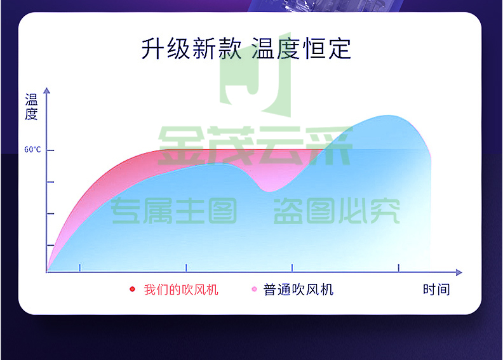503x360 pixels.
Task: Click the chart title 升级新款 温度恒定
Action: click(x=246, y=48)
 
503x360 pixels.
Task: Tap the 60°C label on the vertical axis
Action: click(x=33, y=150)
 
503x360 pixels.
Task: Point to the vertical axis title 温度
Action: click(x=32, y=107)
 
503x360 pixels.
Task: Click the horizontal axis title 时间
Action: click(x=436, y=290)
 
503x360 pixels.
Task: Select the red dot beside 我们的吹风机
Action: click(x=132, y=289)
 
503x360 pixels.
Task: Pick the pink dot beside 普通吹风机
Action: click(x=255, y=289)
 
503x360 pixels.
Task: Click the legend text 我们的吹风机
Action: click(x=181, y=290)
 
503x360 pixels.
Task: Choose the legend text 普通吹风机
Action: click(x=298, y=290)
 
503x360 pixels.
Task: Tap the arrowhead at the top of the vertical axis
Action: click(x=47, y=90)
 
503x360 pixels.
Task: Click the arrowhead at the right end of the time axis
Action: click(x=459, y=272)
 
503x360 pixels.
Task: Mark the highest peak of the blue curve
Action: click(x=388, y=116)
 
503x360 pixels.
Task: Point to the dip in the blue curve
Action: click(x=269, y=191)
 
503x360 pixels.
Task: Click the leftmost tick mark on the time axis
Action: click(x=80, y=267)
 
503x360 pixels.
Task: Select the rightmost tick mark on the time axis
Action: click(x=398, y=268)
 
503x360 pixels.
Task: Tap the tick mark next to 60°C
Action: click(x=50, y=150)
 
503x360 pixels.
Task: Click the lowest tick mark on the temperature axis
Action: click(x=50, y=245)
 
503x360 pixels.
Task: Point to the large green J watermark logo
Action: click(x=255, y=74)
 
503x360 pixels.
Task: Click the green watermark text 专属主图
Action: click(x=173, y=211)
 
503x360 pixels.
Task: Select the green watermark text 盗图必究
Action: click(x=337, y=211)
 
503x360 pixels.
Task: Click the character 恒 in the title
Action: click(x=314, y=48)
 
